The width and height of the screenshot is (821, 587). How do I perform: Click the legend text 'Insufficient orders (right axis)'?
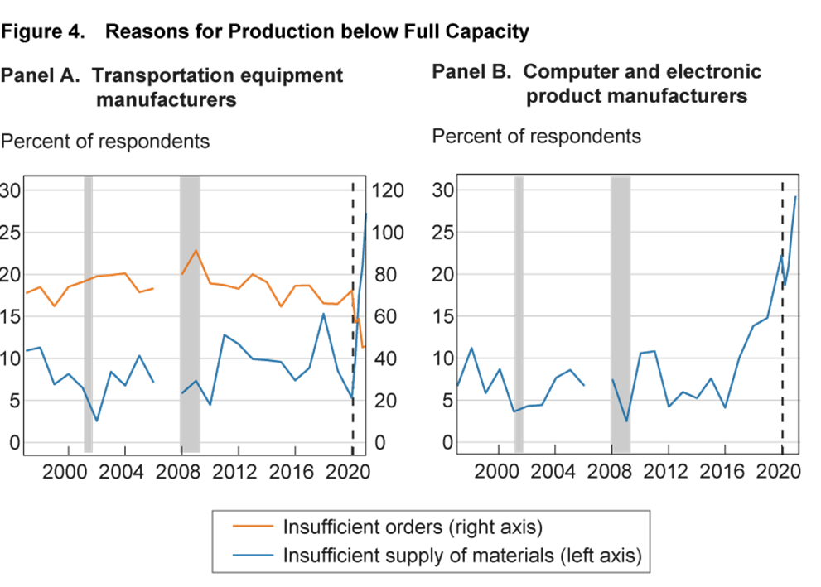(413, 527)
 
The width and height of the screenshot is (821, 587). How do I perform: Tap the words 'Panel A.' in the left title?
(40, 76)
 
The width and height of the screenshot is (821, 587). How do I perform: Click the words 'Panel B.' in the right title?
(471, 72)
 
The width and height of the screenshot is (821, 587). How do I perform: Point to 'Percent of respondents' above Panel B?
(536, 136)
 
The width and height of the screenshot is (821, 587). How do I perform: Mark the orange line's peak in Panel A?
(196, 250)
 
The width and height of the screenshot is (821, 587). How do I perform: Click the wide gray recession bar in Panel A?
(190, 315)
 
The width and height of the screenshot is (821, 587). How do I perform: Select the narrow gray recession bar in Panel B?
(519, 315)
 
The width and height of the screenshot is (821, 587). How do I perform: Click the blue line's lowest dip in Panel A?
(97, 421)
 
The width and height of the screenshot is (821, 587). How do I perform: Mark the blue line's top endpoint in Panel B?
(796, 195)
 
